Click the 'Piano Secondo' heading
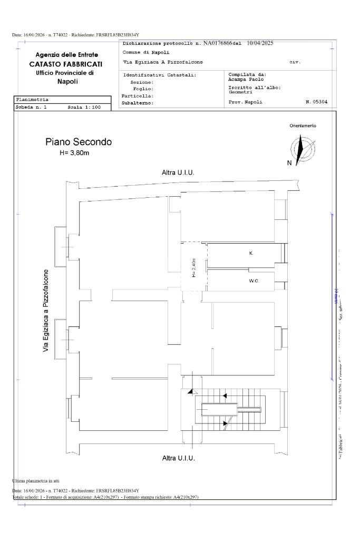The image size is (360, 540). [x=79, y=142]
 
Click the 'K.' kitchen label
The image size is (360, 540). [x=251, y=254]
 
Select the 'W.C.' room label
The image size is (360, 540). [x=254, y=281]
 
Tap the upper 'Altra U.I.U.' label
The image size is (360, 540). [x=178, y=172]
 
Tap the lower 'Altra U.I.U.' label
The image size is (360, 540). [x=178, y=458]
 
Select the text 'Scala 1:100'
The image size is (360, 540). [x=84, y=107]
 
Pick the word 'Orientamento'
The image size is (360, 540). [x=303, y=126]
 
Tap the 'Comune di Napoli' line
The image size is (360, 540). [x=142, y=53]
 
